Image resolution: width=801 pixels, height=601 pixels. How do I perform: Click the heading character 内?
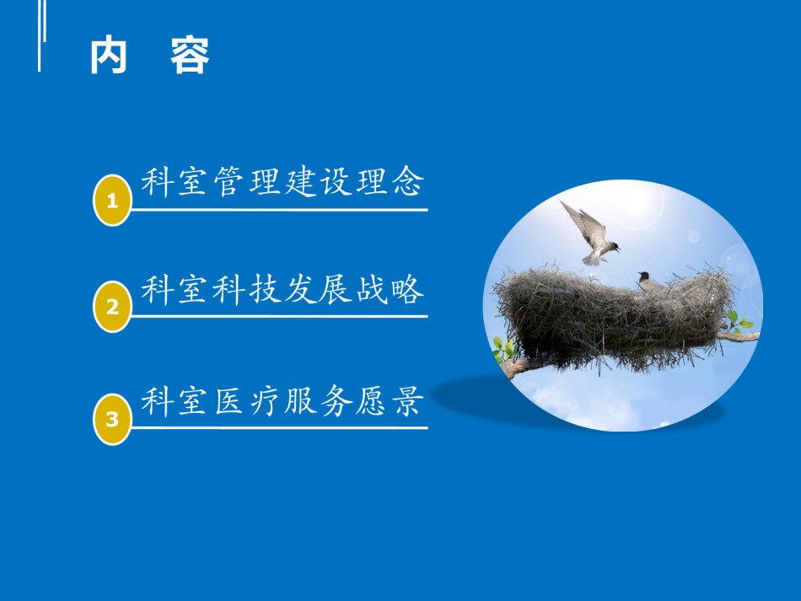click(108, 55)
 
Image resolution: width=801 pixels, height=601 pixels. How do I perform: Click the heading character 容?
click(190, 55)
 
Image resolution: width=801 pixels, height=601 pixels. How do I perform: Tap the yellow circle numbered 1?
click(112, 200)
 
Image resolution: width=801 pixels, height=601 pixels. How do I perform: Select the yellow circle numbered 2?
click(112, 306)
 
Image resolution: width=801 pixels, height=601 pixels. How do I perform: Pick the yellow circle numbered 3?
click(112, 419)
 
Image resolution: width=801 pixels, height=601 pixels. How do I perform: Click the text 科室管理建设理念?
click(282, 181)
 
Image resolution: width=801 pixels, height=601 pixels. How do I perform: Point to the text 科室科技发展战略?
click(282, 289)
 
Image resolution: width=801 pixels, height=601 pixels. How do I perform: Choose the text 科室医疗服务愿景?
click(282, 400)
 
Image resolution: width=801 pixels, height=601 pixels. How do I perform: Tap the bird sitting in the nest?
click(648, 282)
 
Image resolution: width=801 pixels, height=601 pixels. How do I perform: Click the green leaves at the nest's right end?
click(737, 322)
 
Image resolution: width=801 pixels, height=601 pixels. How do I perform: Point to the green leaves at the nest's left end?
click(503, 350)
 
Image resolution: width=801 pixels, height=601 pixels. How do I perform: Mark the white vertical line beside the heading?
click(40, 35)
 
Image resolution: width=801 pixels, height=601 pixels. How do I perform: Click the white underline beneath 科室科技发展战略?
click(279, 316)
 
